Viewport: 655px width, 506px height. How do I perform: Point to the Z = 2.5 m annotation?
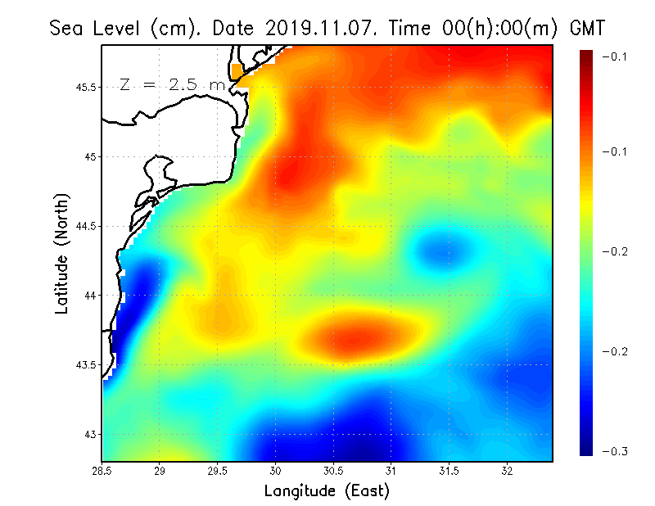click(x=172, y=85)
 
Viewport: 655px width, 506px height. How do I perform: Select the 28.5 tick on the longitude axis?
click(x=102, y=471)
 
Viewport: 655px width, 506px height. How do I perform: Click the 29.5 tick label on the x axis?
click(x=218, y=471)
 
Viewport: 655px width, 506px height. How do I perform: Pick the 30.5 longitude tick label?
click(x=333, y=471)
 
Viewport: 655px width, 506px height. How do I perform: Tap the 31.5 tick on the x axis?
click(x=449, y=471)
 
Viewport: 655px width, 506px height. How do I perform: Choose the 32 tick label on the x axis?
click(x=507, y=471)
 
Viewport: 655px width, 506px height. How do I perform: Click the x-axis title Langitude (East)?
click(x=327, y=491)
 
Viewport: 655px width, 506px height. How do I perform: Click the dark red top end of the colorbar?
click(x=586, y=56)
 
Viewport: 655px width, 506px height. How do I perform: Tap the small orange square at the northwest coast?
click(x=237, y=71)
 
